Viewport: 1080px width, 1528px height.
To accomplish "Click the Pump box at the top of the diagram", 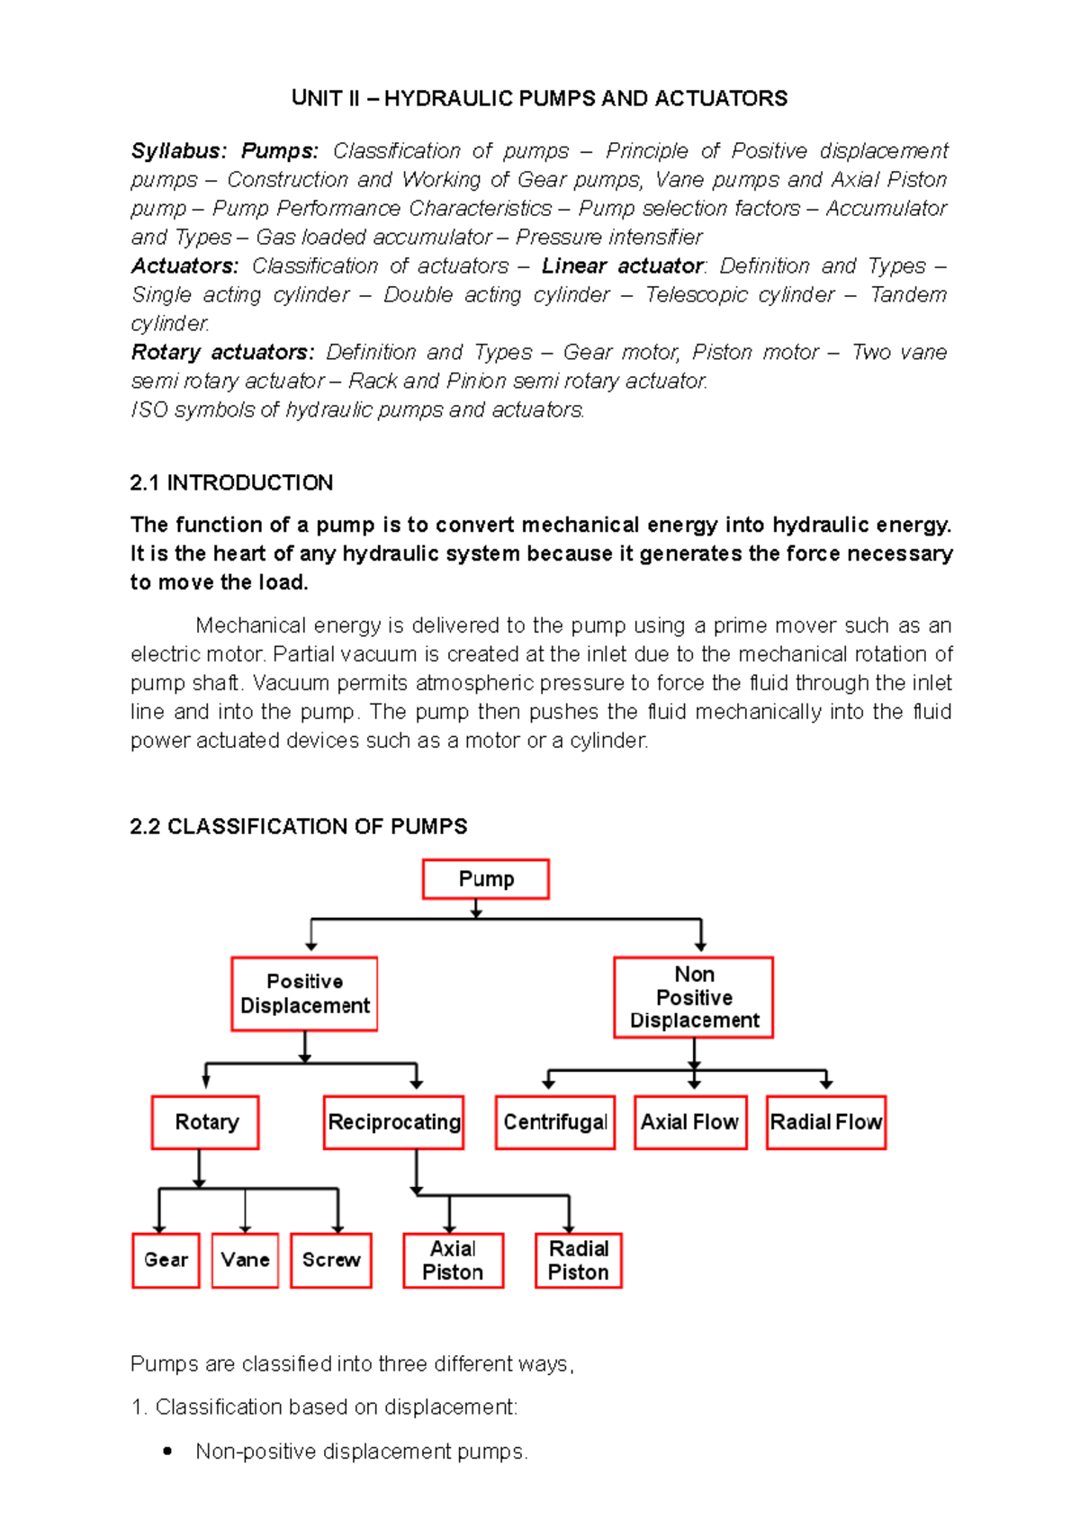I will (x=486, y=879).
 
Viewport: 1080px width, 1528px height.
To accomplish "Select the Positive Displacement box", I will (x=304, y=993).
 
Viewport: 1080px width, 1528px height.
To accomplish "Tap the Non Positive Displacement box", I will (x=694, y=997).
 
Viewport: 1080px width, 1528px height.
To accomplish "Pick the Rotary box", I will (x=206, y=1122).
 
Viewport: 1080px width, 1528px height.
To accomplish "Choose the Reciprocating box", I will (x=394, y=1122).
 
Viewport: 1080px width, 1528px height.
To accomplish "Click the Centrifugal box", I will (x=555, y=1122).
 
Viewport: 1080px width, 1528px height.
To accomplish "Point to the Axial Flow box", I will (x=690, y=1122).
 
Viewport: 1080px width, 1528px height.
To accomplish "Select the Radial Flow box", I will (x=826, y=1122).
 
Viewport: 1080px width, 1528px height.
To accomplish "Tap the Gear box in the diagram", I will (x=166, y=1260).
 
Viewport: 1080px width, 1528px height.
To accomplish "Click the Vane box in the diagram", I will (x=246, y=1260).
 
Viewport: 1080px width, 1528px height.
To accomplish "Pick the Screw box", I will (x=331, y=1260).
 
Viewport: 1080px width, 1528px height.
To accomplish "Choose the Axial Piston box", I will (x=453, y=1260).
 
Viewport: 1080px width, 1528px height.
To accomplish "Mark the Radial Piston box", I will (x=579, y=1260).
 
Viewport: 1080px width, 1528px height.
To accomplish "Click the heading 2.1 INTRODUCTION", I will (x=231, y=483).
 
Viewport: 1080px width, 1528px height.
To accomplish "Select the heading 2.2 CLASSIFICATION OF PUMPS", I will (x=298, y=826).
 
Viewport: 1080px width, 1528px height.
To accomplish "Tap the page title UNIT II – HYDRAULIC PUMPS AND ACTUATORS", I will (x=539, y=98).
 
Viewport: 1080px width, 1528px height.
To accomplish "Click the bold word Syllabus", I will (x=178, y=150).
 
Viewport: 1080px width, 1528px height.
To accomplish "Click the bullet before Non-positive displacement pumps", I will (x=167, y=1451).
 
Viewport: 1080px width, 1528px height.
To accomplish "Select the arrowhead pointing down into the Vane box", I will (x=246, y=1228).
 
